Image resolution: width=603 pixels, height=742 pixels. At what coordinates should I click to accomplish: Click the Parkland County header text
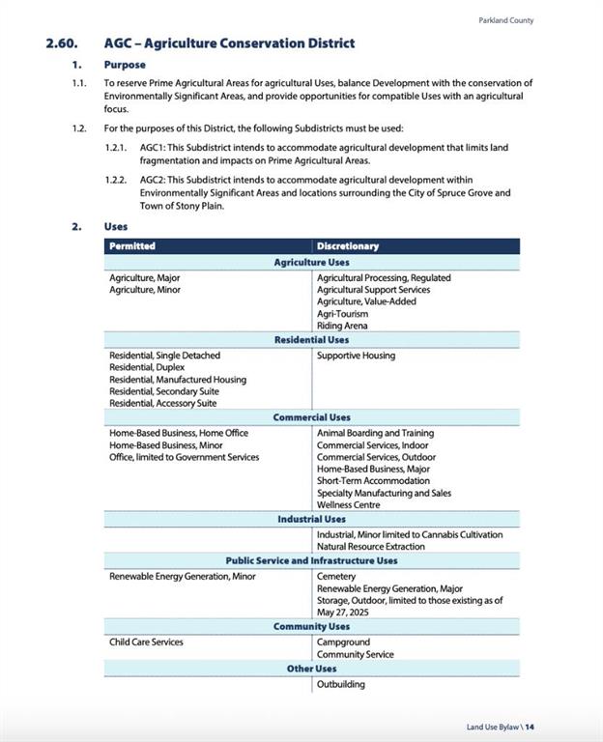(x=505, y=20)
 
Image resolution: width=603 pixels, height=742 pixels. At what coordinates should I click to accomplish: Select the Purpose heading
(x=125, y=65)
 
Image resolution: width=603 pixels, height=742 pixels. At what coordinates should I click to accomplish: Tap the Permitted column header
(x=132, y=246)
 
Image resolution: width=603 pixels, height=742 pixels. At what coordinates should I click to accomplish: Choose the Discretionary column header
(x=348, y=246)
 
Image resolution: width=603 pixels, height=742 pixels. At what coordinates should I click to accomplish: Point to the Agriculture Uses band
(x=311, y=262)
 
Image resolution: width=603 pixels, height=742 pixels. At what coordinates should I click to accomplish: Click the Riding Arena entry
(x=342, y=326)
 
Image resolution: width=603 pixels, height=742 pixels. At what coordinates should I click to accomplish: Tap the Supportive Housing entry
(x=356, y=356)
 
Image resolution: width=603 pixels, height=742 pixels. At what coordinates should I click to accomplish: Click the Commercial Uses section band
(x=311, y=417)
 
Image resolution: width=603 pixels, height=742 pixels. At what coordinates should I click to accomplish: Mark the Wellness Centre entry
(x=348, y=504)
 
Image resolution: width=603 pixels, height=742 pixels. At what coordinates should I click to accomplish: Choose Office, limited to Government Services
(x=184, y=457)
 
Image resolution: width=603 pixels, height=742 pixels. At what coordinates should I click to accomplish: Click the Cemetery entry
(x=336, y=577)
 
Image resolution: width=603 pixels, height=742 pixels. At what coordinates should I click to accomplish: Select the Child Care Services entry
(x=146, y=642)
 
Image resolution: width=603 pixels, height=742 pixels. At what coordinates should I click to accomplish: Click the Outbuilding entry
(x=341, y=685)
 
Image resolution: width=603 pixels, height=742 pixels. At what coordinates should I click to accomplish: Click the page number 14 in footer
(x=530, y=727)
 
